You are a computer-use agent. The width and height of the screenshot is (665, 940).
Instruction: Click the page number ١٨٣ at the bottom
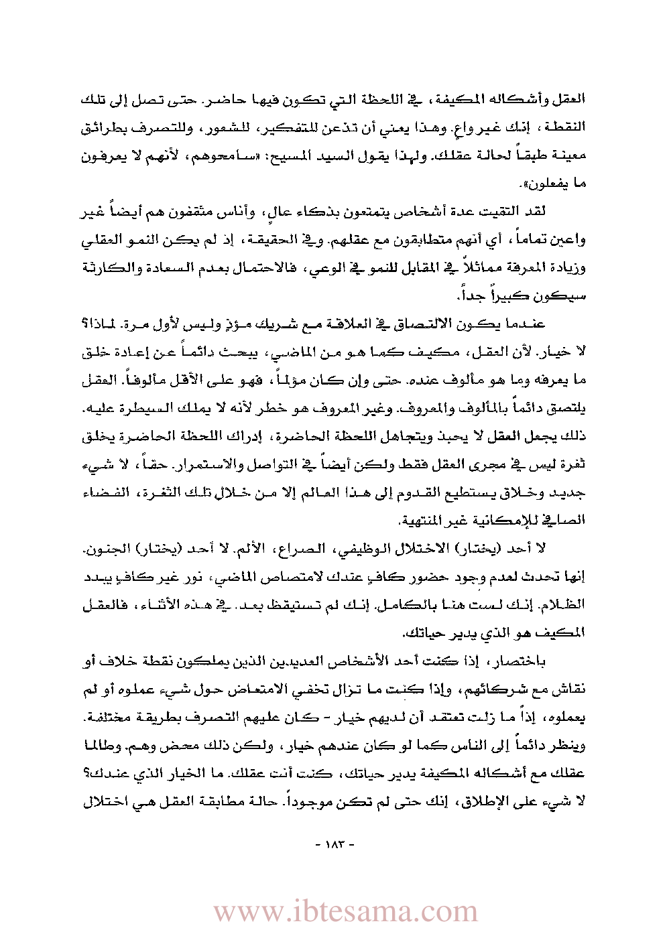click(333, 844)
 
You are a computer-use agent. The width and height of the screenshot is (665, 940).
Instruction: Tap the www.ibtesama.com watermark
click(345, 911)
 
